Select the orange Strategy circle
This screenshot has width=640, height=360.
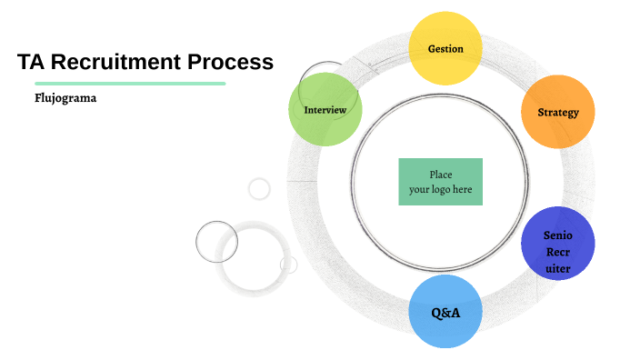tap(558, 113)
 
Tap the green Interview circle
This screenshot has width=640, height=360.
tap(325, 110)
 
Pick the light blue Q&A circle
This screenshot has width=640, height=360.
tap(445, 312)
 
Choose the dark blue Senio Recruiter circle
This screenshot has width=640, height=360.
tap(558, 244)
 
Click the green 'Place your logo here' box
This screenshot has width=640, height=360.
tap(440, 182)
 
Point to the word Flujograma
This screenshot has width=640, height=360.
tap(65, 98)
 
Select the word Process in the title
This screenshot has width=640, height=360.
tap(231, 62)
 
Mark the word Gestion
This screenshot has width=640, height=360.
tap(445, 48)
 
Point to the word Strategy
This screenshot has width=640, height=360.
tap(558, 113)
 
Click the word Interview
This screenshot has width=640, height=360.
tap(325, 110)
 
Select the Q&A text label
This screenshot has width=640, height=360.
tap(445, 313)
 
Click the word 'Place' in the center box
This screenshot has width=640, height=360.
tap(441, 175)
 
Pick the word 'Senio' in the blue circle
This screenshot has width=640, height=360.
tap(558, 235)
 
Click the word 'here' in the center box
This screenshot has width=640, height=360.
tap(462, 189)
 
